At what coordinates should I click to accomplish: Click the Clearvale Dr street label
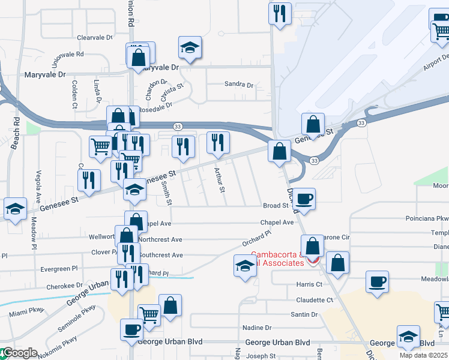[x=95, y=37]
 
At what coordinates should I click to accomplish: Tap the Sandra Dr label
[x=238, y=85]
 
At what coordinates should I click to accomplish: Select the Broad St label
[x=276, y=206]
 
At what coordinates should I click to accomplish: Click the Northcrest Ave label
[x=160, y=239]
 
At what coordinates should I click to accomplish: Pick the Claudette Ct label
[x=314, y=299]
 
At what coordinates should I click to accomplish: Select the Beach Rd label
[x=16, y=125]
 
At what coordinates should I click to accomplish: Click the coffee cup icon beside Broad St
[x=304, y=199]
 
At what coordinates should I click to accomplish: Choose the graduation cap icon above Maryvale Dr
[x=190, y=47]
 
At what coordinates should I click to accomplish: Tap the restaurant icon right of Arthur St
[x=218, y=143]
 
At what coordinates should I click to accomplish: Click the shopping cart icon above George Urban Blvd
[x=149, y=315]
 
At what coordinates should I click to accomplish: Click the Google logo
[x=19, y=353]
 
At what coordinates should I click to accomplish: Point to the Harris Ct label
[x=309, y=284]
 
